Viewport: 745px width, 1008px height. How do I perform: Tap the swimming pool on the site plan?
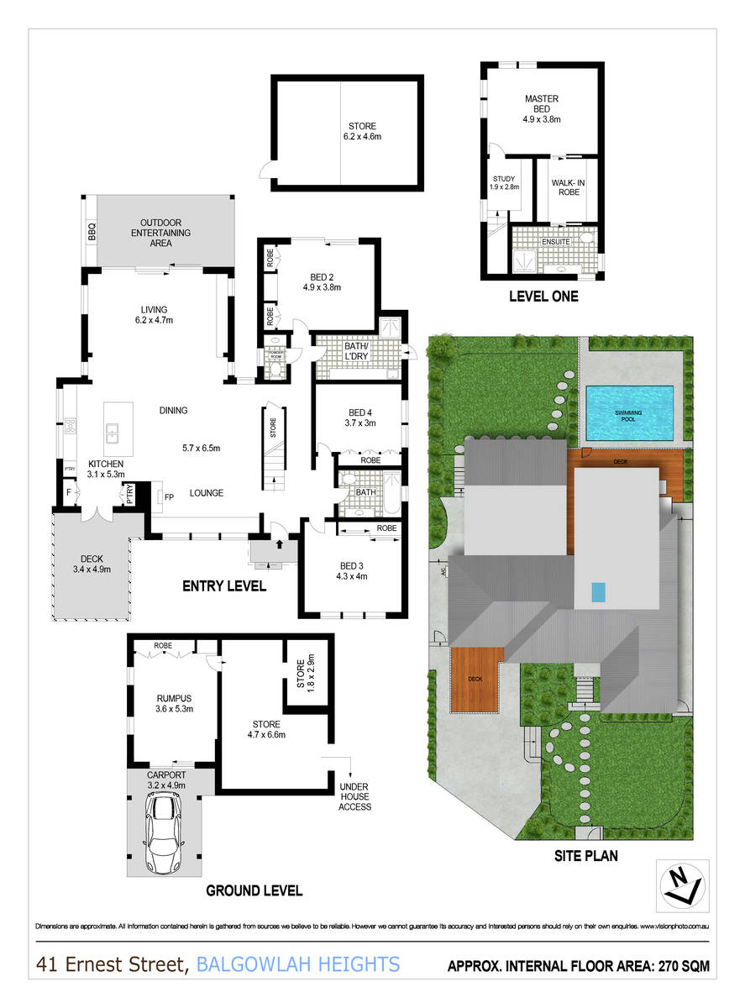coord(630,413)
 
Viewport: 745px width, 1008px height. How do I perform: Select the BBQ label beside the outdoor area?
coord(92,232)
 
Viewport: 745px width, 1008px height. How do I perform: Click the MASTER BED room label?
coord(542,99)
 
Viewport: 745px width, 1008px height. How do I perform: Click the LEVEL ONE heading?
coord(543,297)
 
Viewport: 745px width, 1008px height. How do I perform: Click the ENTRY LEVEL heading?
coord(224,586)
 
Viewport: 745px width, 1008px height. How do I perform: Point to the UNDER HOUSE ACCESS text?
coord(354,797)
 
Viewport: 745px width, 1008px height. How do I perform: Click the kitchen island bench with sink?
coord(113,426)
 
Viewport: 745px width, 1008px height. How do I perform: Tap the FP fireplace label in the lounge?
coord(169,496)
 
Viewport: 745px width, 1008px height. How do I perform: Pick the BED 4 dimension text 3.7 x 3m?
coord(361,423)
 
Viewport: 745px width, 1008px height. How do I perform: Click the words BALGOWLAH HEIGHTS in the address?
coord(297,965)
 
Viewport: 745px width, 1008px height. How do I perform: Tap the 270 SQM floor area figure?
coord(679,967)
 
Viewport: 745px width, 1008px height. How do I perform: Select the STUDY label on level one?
coord(504,179)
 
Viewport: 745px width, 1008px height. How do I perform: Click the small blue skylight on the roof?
coord(597,592)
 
